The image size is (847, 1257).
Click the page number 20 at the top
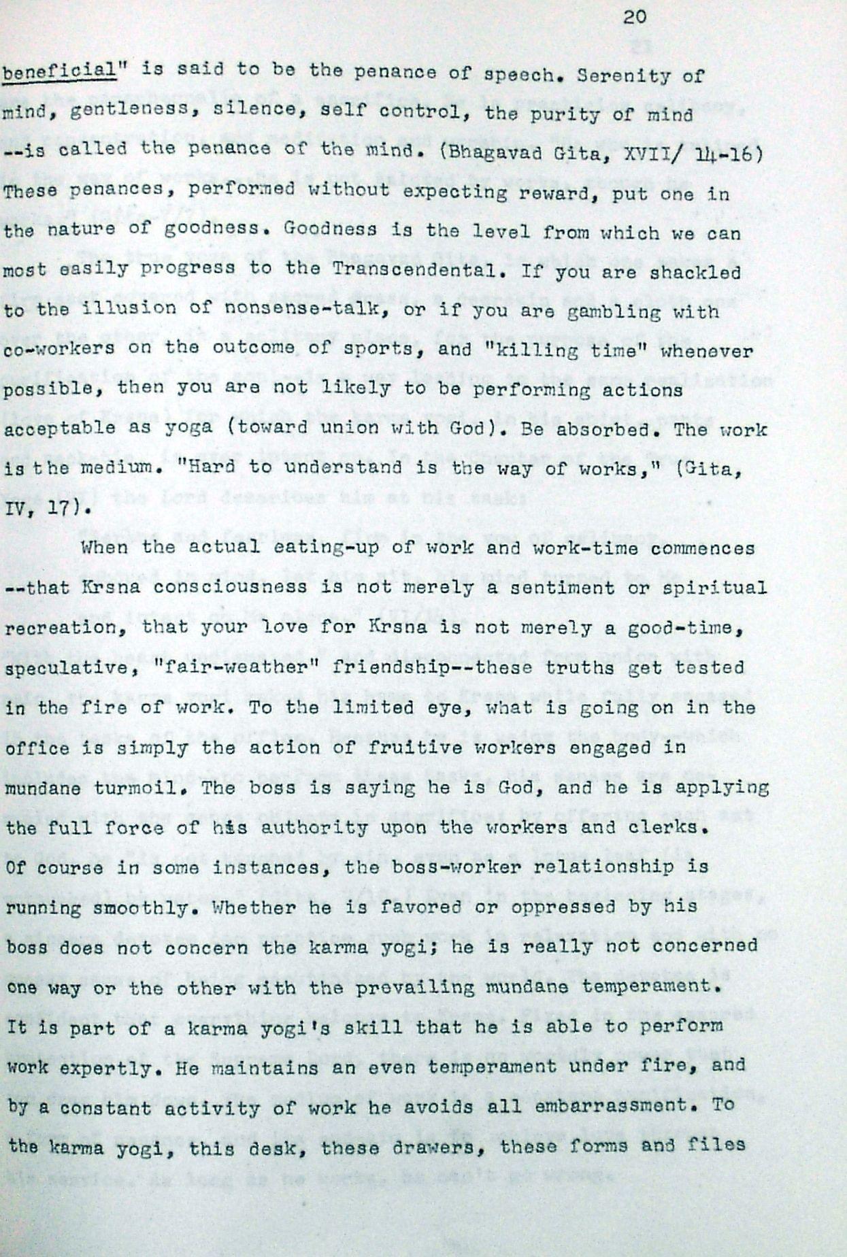(x=634, y=16)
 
